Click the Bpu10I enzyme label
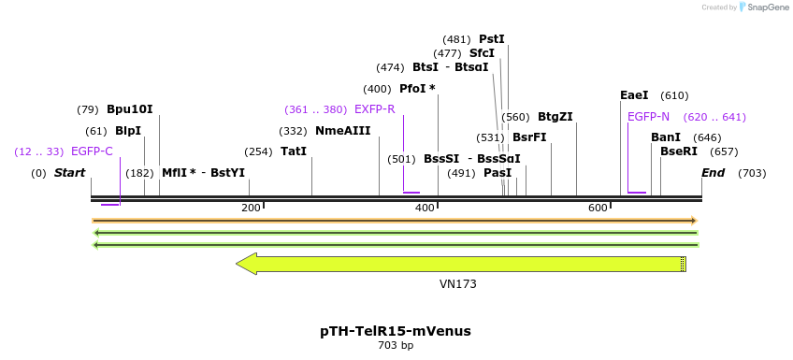129,109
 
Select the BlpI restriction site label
127,131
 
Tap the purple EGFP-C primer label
92,151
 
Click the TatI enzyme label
294,151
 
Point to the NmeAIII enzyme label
342,131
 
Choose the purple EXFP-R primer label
374,109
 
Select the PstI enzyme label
491,39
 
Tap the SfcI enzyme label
482,53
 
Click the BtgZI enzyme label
555,117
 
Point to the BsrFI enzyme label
529,137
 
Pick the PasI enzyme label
497,173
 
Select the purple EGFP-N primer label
648,117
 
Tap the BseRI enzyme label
679,151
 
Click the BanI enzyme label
666,137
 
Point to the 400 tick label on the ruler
425,208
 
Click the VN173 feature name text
458,283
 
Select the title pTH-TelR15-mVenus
396,331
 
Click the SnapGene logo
763,7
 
